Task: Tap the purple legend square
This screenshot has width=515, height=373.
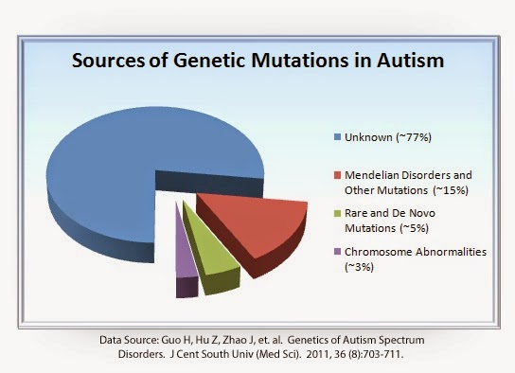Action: coord(325,254)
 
